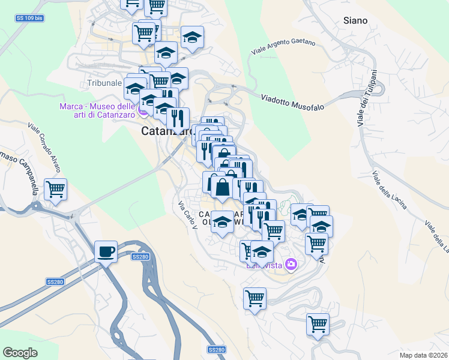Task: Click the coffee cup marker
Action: click(x=106, y=251)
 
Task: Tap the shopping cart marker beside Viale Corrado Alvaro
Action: click(x=55, y=190)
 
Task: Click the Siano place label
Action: click(x=355, y=20)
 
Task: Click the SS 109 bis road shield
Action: click(x=28, y=19)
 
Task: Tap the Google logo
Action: click(x=20, y=353)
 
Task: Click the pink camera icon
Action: click(x=291, y=264)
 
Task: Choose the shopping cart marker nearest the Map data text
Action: click(x=318, y=324)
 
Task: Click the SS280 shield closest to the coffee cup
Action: click(x=140, y=257)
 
